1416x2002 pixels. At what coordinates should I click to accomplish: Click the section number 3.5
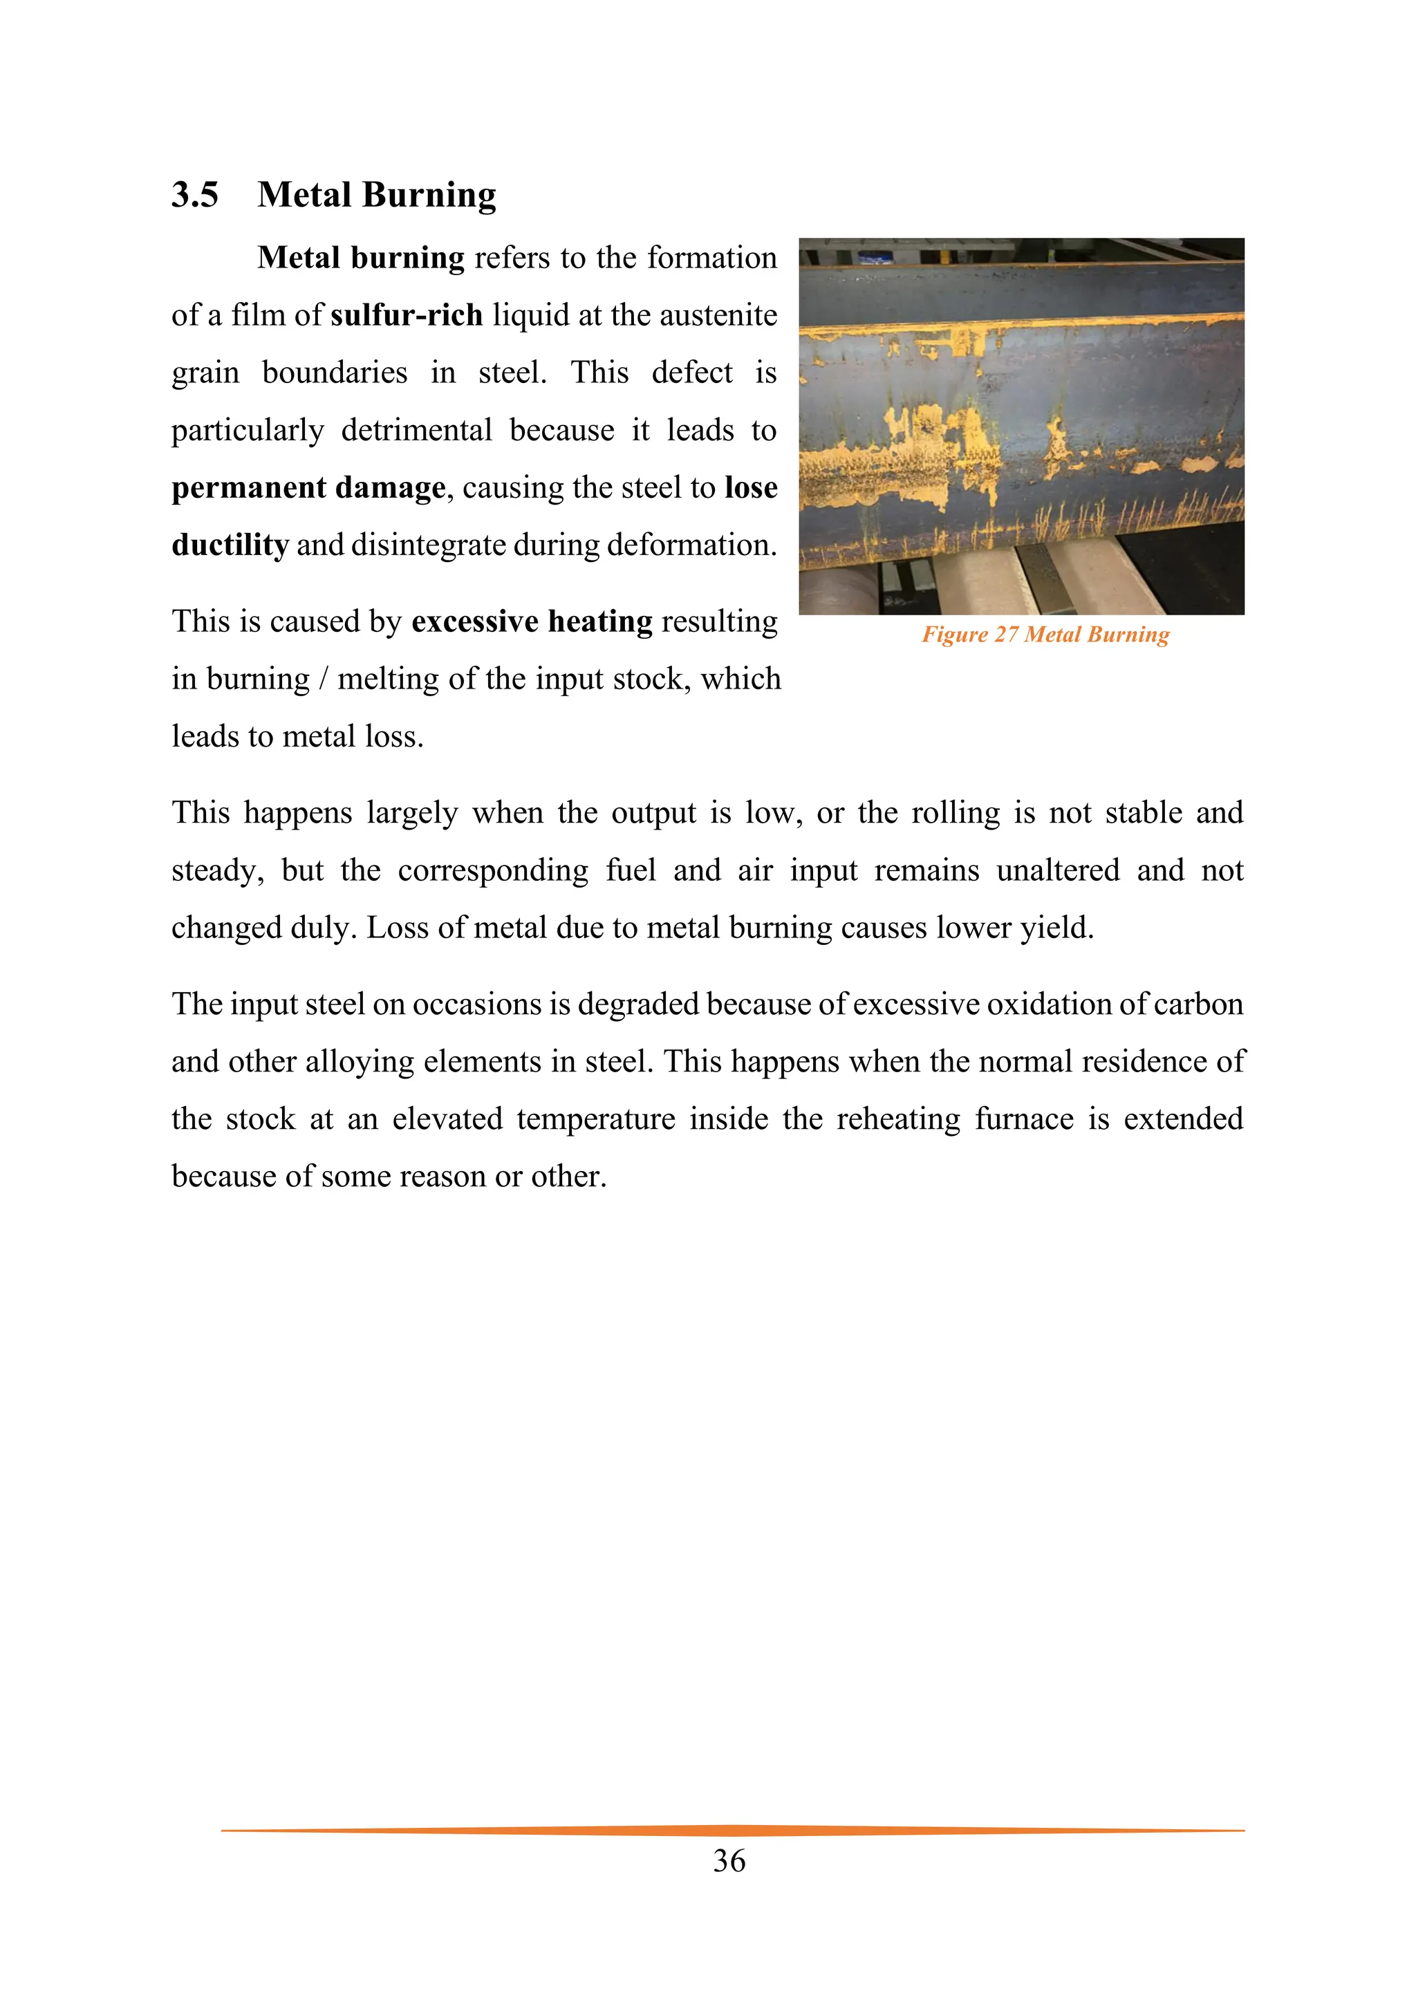click(194, 194)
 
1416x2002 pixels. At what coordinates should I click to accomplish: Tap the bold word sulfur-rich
click(407, 315)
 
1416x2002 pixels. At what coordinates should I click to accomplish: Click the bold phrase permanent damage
click(308, 487)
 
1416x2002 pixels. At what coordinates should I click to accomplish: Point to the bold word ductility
click(230, 545)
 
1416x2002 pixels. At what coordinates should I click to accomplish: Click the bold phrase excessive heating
click(532, 621)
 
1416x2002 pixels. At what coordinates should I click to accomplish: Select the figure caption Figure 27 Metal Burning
click(1045, 635)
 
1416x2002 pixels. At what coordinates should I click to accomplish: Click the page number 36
click(729, 1861)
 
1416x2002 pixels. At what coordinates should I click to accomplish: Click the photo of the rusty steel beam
click(1021, 426)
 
